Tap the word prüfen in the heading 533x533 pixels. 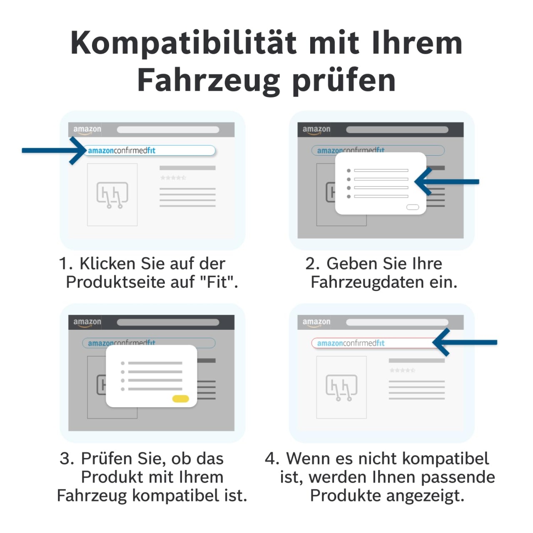(x=344, y=81)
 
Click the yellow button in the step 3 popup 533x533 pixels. (x=180, y=399)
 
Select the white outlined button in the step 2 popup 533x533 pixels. (x=412, y=207)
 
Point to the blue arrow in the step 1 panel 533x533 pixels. (x=54, y=150)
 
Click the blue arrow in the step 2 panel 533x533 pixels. (x=446, y=182)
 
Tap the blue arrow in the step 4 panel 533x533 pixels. (x=465, y=342)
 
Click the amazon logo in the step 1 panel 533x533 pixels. (x=87, y=130)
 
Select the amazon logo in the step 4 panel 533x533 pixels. (x=316, y=323)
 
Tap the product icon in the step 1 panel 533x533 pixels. (x=112, y=195)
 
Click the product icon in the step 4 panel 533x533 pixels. (x=341, y=388)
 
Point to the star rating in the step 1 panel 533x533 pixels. (x=173, y=177)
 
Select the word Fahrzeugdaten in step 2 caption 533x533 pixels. (x=368, y=283)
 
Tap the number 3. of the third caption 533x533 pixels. (x=67, y=458)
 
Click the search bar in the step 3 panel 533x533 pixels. (x=168, y=322)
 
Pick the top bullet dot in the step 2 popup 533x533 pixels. (x=349, y=171)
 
